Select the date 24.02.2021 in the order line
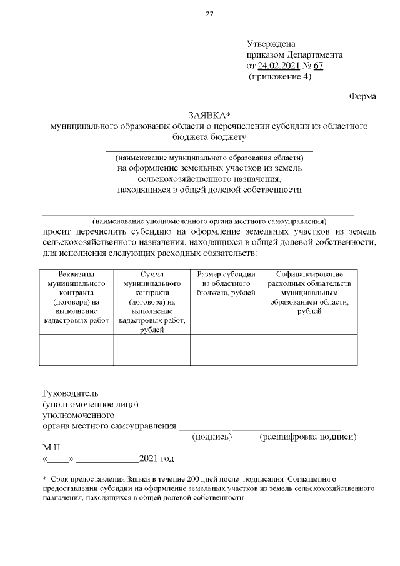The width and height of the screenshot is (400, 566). coord(279,66)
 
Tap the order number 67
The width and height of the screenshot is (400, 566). coord(318,66)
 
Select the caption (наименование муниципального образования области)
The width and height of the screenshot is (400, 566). coord(209,157)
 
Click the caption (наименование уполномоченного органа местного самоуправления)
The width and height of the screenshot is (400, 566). coord(209,221)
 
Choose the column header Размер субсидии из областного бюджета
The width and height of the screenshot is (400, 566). coord(226,283)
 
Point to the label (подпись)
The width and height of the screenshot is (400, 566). coord(212,437)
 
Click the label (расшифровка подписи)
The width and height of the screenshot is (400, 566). coord(307,437)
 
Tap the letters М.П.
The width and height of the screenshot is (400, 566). coord(53,448)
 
